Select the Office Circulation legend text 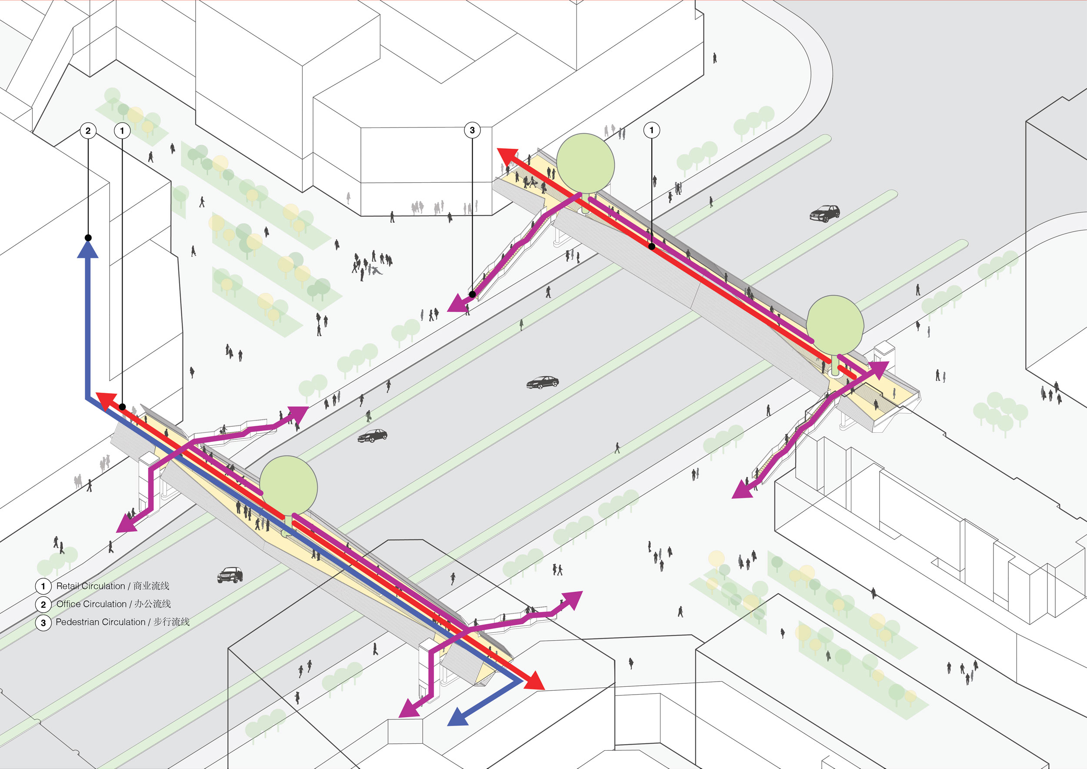pyautogui.click(x=91, y=604)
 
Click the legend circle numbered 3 pyautogui.click(x=43, y=623)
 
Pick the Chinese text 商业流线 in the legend pyautogui.click(x=151, y=586)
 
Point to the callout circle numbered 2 pyautogui.click(x=88, y=130)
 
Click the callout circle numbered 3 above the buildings pyautogui.click(x=472, y=130)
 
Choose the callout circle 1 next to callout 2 pyautogui.click(x=122, y=130)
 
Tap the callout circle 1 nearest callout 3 pyautogui.click(x=651, y=130)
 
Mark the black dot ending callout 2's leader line pyautogui.click(x=88, y=238)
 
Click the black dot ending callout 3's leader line pyautogui.click(x=472, y=294)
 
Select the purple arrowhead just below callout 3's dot pyautogui.click(x=457, y=303)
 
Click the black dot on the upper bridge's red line pyautogui.click(x=651, y=246)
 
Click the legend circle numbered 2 pyautogui.click(x=43, y=605)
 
